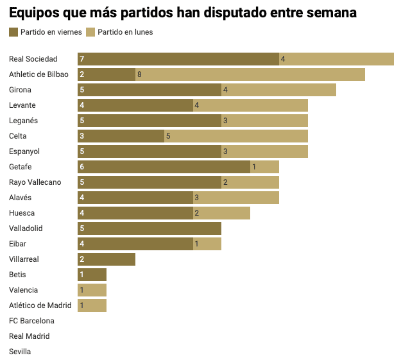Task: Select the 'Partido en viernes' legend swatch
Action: tap(13, 32)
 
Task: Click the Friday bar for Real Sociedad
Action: tap(178, 59)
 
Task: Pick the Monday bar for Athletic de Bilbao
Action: tap(250, 74)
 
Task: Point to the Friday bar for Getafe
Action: tap(164, 167)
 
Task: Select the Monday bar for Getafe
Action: tap(264, 167)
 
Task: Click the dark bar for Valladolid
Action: tap(149, 228)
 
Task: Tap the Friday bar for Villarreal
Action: tap(107, 259)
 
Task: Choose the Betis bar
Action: tap(92, 275)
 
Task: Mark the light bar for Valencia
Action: tap(92, 290)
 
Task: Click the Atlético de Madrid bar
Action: tap(92, 305)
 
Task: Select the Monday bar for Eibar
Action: tap(207, 244)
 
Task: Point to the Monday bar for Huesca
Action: tap(221, 213)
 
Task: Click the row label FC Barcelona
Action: tap(31, 321)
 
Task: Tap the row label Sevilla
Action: tap(20, 352)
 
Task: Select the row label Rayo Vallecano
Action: tap(35, 182)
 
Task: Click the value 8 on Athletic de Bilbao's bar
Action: tap(139, 74)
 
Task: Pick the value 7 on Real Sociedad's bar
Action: tap(82, 59)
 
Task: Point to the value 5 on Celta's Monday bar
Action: tap(168, 136)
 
